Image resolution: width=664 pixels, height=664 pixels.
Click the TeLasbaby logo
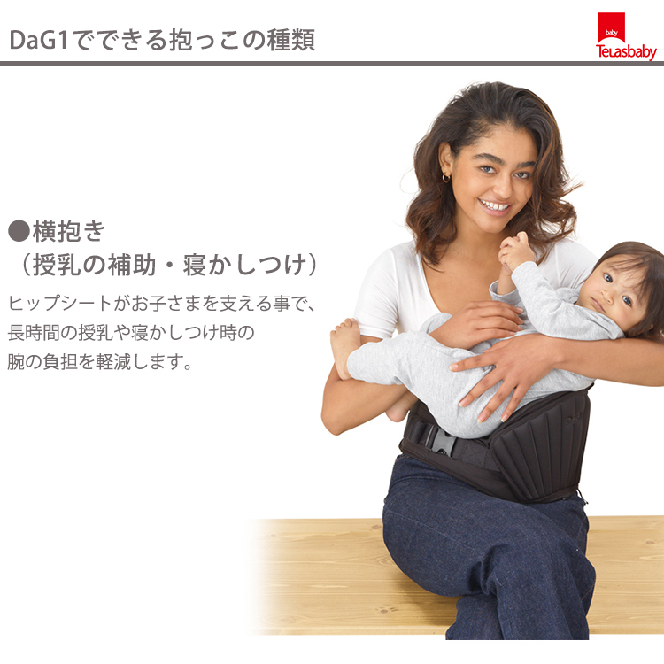coord(626,36)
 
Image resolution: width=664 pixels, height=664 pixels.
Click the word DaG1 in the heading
coord(39,40)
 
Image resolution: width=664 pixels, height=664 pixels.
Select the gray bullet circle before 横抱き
coord(19,231)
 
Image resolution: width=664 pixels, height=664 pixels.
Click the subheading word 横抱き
coord(68,231)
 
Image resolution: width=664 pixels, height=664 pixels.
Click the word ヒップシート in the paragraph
coord(59,303)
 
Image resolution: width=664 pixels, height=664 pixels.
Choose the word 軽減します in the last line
coord(144,361)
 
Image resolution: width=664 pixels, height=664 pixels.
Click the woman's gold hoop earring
coord(446,178)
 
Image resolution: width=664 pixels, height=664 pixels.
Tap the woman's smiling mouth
coord(495,207)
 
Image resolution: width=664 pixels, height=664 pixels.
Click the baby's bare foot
coord(344,346)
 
